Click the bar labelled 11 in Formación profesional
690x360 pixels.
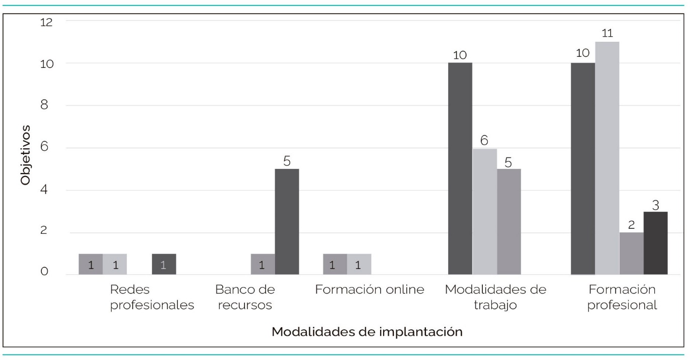pos(607,158)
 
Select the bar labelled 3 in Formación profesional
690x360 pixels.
pos(655,243)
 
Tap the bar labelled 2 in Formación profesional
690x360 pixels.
pos(631,253)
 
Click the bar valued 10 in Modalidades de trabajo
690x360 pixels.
pos(460,168)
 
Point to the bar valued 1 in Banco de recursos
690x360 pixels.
pos(263,264)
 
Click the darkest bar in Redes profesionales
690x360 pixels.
pos(163,264)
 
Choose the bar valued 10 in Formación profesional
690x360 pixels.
pos(583,168)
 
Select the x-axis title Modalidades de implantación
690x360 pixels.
pos(367,332)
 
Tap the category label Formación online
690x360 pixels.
pos(370,290)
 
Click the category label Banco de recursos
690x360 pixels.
pos(245,298)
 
